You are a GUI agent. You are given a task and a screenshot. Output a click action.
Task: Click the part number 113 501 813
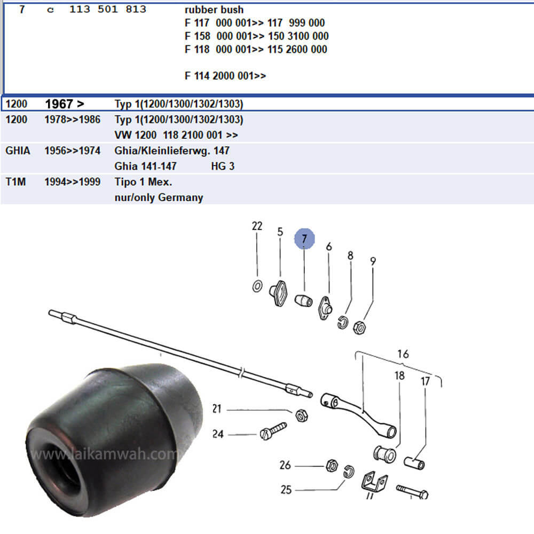(x=108, y=10)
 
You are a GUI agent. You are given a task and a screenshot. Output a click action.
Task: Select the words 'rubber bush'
(x=214, y=10)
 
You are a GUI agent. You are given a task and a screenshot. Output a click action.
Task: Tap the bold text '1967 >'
(x=65, y=104)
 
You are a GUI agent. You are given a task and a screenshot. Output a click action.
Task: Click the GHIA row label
(x=18, y=151)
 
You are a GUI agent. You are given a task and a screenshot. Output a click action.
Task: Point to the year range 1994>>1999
(x=72, y=182)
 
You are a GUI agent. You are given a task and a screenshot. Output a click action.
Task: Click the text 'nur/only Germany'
(x=159, y=198)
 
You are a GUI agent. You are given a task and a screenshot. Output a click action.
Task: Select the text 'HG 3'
(x=223, y=166)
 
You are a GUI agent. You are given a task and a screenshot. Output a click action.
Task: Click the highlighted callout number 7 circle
(x=304, y=240)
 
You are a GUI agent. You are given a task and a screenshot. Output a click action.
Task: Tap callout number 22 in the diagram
(x=257, y=226)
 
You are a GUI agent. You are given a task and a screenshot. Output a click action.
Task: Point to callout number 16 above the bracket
(x=403, y=354)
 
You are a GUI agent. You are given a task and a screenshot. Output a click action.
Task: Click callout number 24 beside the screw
(x=218, y=434)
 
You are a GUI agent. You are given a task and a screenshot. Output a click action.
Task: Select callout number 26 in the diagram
(x=286, y=465)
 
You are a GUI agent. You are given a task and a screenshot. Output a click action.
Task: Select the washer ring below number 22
(x=257, y=286)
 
